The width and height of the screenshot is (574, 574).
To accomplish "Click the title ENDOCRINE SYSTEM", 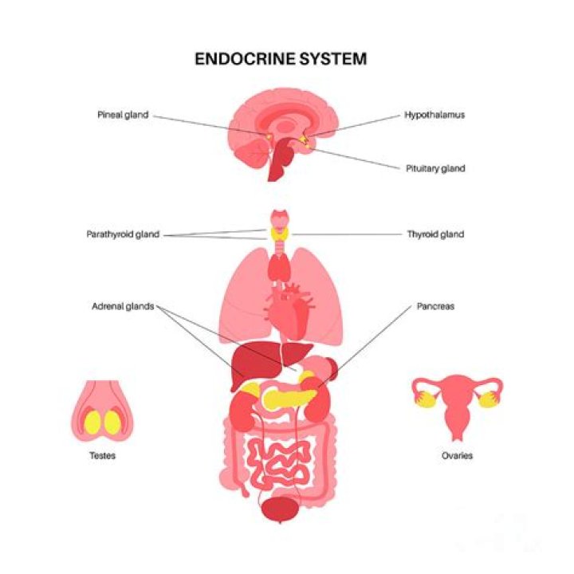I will coord(281,59).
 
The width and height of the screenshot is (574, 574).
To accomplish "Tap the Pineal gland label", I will coord(122,116).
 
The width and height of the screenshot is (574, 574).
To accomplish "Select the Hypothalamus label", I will coord(434,115).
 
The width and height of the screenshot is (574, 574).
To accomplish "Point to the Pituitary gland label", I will coord(435,169).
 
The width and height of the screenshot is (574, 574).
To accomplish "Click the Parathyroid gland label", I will coord(123,234).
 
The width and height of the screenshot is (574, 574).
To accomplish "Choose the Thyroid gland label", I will coord(435,234).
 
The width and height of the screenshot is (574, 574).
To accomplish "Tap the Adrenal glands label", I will coord(123,305).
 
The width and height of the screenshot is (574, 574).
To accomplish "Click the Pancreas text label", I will coord(435,305).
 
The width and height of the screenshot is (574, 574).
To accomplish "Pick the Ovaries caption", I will coord(457,456).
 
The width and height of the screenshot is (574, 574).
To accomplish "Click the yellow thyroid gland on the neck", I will coord(280,234).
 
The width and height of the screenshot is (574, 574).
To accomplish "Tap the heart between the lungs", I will coord(290,311).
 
